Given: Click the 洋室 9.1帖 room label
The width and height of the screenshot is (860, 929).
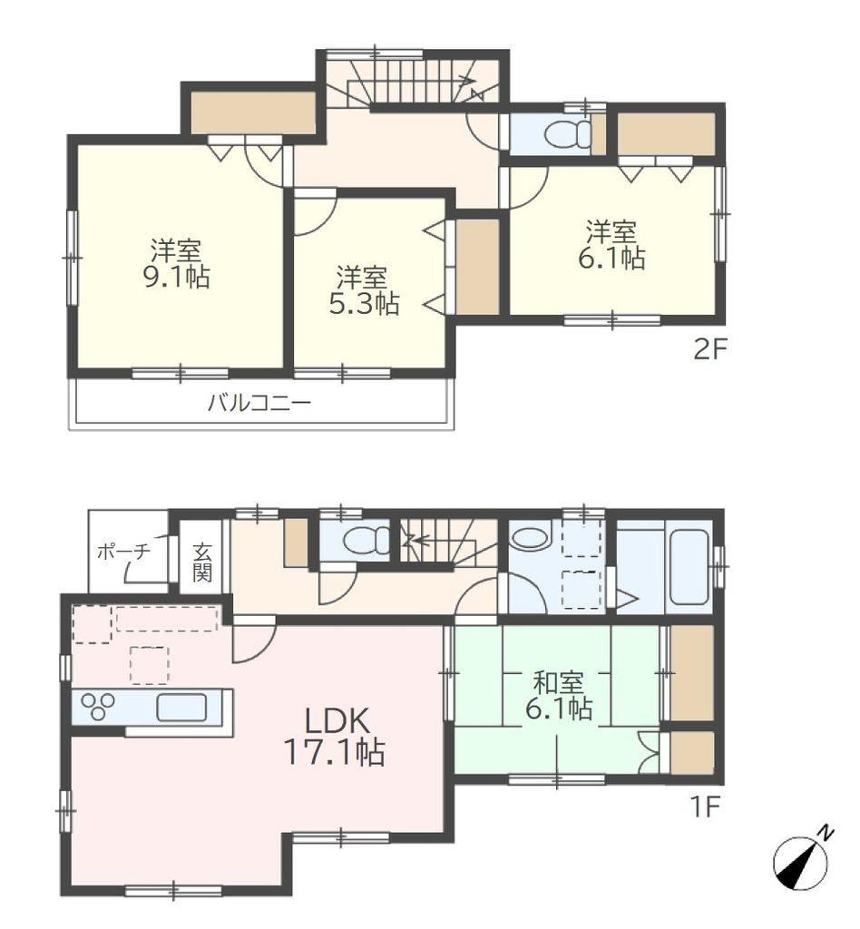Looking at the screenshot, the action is (x=177, y=264).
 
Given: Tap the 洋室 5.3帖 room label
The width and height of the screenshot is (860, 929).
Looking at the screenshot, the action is (x=363, y=290).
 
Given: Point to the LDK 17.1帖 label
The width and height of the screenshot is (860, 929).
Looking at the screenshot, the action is (x=336, y=737).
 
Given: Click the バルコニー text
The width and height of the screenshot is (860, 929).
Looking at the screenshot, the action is (x=259, y=404).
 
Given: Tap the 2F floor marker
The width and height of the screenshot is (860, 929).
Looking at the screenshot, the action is (x=709, y=349).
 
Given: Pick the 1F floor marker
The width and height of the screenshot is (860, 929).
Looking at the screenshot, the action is (x=704, y=807).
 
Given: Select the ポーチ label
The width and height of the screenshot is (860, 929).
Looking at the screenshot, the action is (x=123, y=552).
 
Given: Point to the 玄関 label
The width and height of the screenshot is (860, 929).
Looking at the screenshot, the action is (x=201, y=562).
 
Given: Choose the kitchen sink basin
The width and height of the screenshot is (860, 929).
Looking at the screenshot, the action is (x=181, y=708).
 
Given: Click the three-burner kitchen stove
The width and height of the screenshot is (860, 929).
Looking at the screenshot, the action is (x=98, y=707).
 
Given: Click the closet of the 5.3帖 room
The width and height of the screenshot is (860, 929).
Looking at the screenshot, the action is (x=477, y=267).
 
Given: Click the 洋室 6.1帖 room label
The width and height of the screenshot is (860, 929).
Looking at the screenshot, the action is (x=611, y=245).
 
